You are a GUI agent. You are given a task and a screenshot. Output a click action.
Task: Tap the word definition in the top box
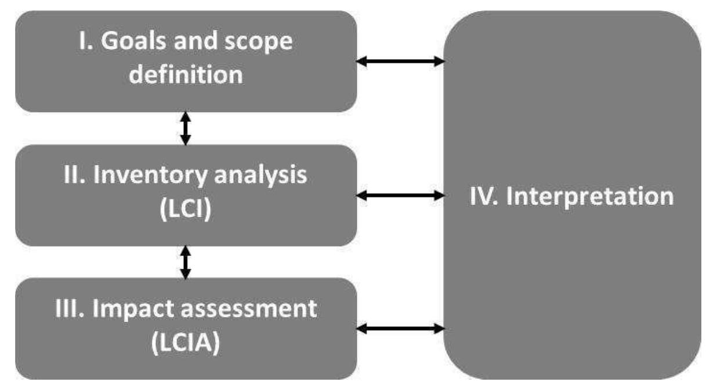(x=186, y=75)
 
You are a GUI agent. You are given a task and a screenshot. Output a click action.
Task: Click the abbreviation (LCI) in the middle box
(x=185, y=208)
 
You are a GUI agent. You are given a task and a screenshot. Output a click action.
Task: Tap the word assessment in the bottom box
(x=250, y=310)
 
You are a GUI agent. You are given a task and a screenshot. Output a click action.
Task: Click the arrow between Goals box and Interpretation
(x=400, y=60)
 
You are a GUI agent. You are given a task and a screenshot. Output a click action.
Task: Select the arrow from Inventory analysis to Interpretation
(x=400, y=197)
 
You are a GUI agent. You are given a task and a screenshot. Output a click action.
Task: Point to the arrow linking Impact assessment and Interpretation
(x=400, y=329)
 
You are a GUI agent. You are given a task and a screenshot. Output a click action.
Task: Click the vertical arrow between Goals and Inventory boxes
(x=185, y=128)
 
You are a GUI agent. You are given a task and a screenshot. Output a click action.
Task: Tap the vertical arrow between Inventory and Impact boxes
(x=185, y=262)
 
